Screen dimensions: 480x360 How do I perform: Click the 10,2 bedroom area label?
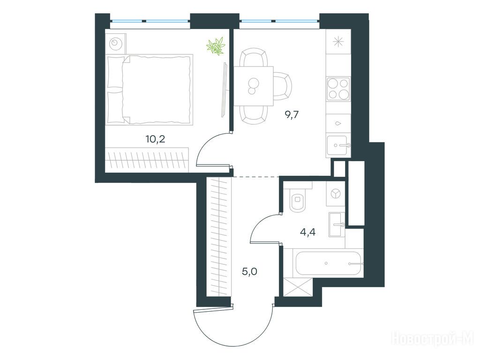click(x=156, y=139)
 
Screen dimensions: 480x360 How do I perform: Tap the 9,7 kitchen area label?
click(x=292, y=115)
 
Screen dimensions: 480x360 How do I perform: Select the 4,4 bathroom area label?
click(x=307, y=232)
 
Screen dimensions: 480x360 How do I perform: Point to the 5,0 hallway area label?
click(x=249, y=271)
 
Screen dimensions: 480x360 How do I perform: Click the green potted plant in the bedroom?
click(x=216, y=46)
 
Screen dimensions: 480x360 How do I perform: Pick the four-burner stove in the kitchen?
click(x=338, y=89)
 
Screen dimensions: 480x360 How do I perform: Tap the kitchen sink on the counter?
click(x=338, y=146)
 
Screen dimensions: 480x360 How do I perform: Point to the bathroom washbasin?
click(x=337, y=225)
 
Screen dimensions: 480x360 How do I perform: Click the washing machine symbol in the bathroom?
click(x=336, y=194)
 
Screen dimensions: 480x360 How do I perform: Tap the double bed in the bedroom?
click(x=150, y=90)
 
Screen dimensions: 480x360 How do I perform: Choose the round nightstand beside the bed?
click(x=116, y=43)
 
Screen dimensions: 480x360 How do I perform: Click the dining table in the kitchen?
click(x=254, y=86)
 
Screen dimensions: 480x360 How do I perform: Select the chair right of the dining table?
click(x=282, y=86)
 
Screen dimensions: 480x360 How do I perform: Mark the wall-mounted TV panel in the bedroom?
click(x=225, y=90)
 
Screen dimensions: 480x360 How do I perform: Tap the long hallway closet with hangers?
click(x=218, y=237)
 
